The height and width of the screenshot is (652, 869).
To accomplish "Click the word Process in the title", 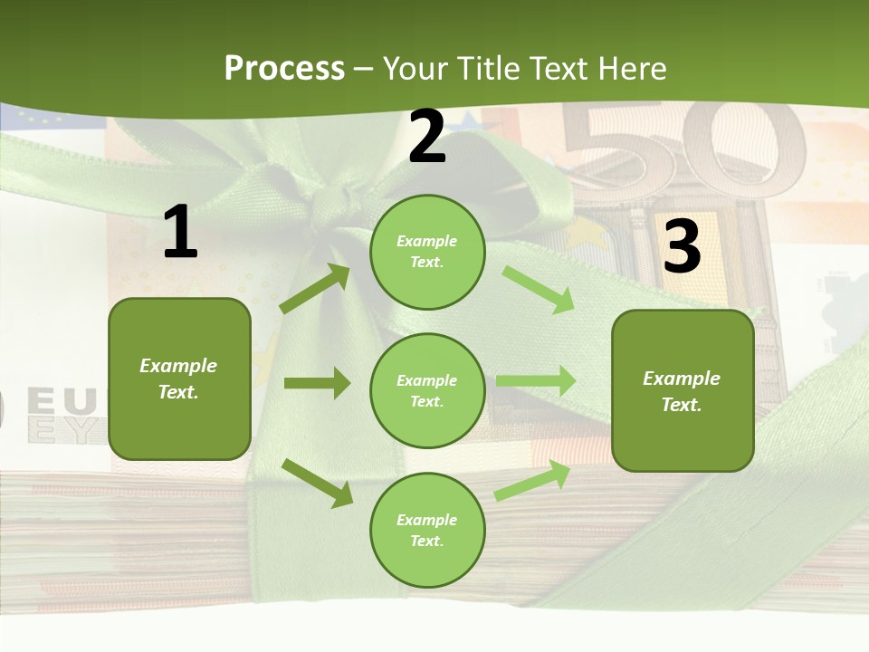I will tap(284, 68).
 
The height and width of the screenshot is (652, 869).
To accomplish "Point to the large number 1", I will tap(180, 233).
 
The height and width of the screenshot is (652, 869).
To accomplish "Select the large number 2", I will tap(427, 137).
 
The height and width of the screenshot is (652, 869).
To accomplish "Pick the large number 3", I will tap(682, 246).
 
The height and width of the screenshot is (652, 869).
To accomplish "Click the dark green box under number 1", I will tap(179, 379).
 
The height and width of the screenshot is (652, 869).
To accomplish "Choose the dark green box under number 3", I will tap(683, 390).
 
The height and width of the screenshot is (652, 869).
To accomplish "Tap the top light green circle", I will tap(427, 252).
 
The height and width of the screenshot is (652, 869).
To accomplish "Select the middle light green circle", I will tap(427, 390).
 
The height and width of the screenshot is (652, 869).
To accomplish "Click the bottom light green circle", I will tap(427, 530).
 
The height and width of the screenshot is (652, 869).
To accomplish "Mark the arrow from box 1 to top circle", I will tap(315, 289).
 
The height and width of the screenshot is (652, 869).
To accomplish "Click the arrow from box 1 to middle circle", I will tap(317, 383).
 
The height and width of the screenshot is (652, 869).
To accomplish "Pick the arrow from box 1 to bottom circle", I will tap(318, 483).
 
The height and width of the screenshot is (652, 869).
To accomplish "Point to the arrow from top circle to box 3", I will tap(538, 289).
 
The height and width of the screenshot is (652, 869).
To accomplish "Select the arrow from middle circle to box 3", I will tap(536, 381).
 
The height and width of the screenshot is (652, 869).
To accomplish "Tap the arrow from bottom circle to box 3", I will tap(533, 481).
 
